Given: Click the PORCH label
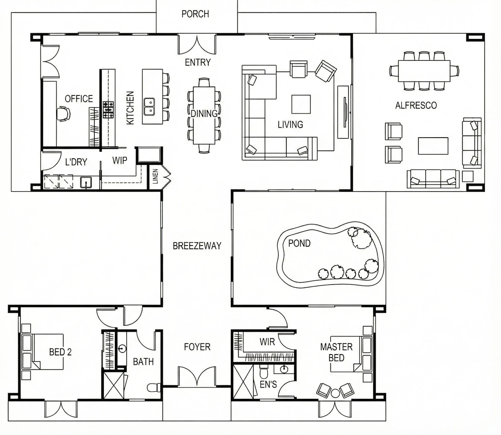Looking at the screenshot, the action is pos(195,14).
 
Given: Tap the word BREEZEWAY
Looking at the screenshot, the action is pos(197,246).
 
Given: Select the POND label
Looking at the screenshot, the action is pos(299,243).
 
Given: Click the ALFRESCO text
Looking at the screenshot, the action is pos(416,105).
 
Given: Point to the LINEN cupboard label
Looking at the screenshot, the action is pos(155,176).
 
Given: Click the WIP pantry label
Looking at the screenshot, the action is pos(120,160).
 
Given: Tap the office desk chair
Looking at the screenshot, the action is pos(63,113).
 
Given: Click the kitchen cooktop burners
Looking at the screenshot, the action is pos(108,110).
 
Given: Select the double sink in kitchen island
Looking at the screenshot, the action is pos(149,107).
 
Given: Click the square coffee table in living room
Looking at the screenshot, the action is pos(301,104).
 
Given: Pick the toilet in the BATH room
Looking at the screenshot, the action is pos(154,387).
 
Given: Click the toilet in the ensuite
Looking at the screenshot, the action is pos(264,373).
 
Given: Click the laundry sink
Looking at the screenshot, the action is pos(86,183).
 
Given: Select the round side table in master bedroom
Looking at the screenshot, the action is pos(335,394).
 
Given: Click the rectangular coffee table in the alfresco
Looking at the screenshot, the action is pos(433,146).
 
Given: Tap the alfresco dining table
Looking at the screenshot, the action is pos(424,71).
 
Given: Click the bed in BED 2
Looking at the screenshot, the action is pos(43,352).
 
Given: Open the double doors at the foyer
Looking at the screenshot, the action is pos(197,377).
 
